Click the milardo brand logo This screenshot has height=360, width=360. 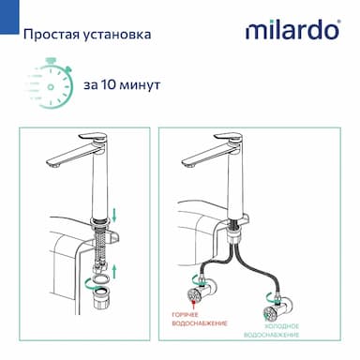pos(292,30)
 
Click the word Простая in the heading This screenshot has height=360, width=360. pos(51,35)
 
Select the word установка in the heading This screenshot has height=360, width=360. pos(117,35)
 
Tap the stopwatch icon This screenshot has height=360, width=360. pos(49,82)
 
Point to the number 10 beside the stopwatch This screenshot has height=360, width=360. pos(109,84)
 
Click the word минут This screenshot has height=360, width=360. pos(140,85)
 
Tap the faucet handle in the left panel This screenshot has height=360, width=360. pos(93,138)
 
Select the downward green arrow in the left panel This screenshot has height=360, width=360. pos(114,216)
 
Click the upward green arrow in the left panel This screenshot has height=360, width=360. pos(114,271)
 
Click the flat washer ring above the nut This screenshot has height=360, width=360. pos(101,278)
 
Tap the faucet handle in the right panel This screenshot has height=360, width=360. pos(228,138)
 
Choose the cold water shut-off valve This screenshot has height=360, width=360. pos(277,308)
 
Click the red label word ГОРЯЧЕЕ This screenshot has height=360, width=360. pos(186,315)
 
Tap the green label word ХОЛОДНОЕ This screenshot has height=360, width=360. pos(282,326)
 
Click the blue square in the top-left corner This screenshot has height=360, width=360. pos(9,17)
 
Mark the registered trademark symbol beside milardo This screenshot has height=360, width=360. pos(338,22)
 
